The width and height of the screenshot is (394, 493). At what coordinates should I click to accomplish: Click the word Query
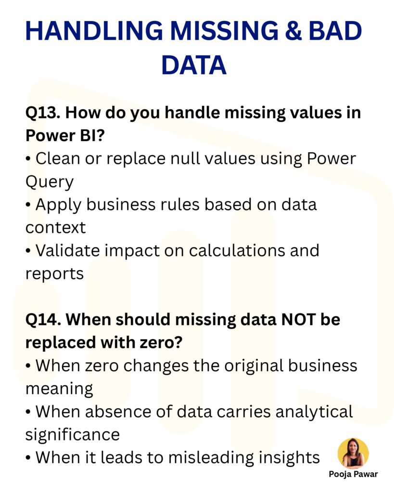pyautogui.click(x=49, y=182)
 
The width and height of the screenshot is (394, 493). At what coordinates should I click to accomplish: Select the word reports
pyautogui.click(x=54, y=273)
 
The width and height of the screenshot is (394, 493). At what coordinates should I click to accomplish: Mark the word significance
pyautogui.click(x=72, y=435)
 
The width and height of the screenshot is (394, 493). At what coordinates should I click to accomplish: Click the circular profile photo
pyautogui.click(x=353, y=453)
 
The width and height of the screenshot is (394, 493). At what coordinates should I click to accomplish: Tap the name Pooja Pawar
pyautogui.click(x=353, y=474)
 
